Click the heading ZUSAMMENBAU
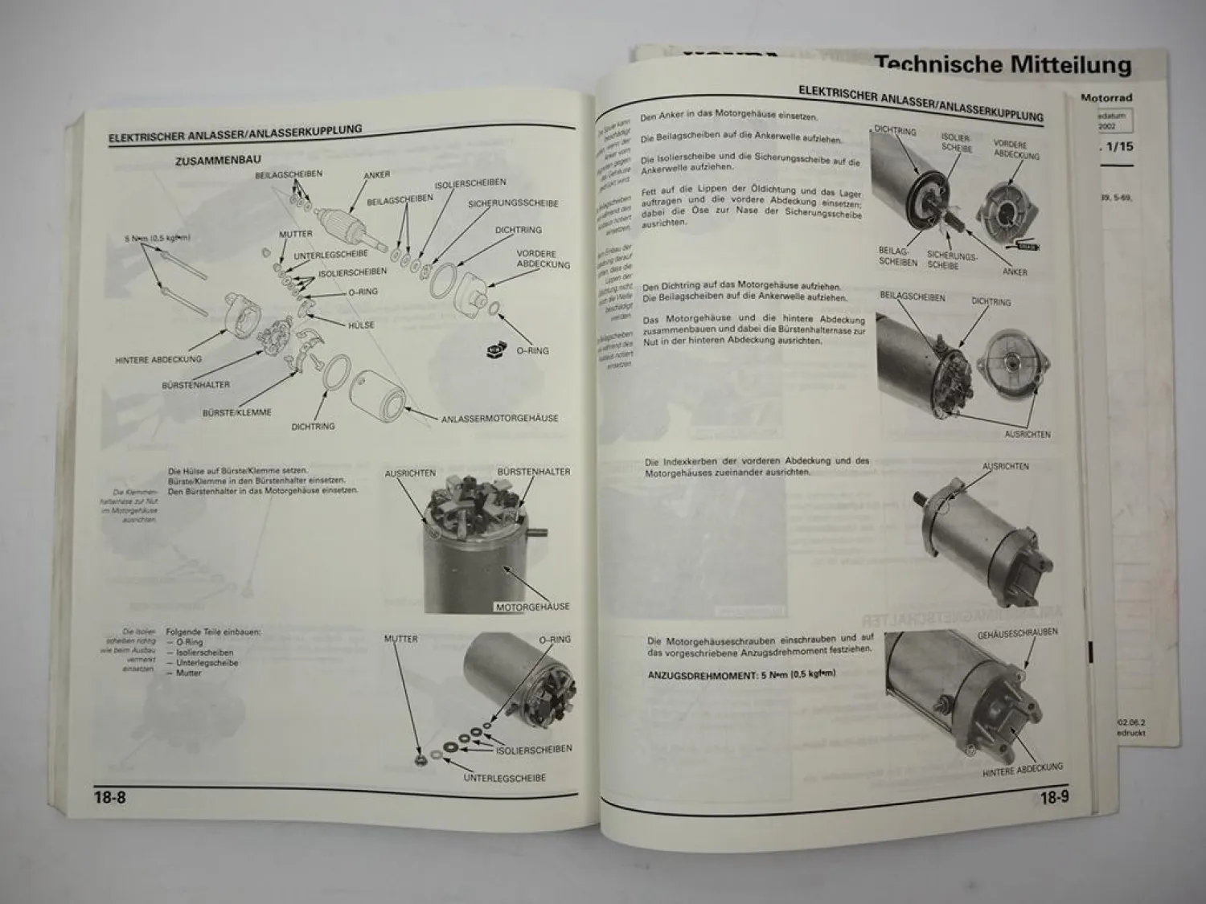[x=217, y=161]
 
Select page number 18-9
[x=1054, y=798]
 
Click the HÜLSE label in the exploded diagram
[x=361, y=325]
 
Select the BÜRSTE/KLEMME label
[x=236, y=412]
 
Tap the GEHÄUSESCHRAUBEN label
[x=1017, y=633]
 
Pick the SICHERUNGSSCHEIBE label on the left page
[x=512, y=204]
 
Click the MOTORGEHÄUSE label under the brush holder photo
[x=532, y=607]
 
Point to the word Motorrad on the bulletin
[x=1106, y=98]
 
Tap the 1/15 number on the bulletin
[x=1122, y=147]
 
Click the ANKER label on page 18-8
[x=376, y=175]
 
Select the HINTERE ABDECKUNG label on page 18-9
[x=1022, y=769]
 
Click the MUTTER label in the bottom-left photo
[x=400, y=639]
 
